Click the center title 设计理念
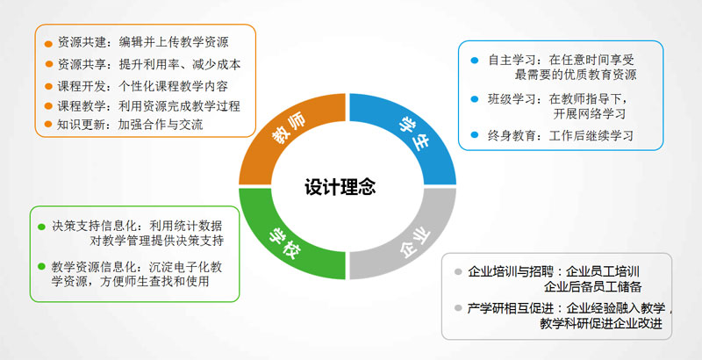tap(340, 187)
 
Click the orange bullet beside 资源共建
tap(48, 44)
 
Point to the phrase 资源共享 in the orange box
tap(82, 64)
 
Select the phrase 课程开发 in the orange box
tap(82, 86)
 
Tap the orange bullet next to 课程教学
tap(48, 106)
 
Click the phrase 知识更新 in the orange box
tap(82, 125)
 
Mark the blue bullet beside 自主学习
tap(475, 61)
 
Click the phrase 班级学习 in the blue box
tap(512, 99)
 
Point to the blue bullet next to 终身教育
tap(475, 134)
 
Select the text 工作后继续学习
tap(591, 135)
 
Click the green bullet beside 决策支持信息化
tap(41, 227)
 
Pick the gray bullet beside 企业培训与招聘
tap(457, 272)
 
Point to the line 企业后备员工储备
tap(593, 286)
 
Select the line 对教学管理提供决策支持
tap(156, 241)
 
